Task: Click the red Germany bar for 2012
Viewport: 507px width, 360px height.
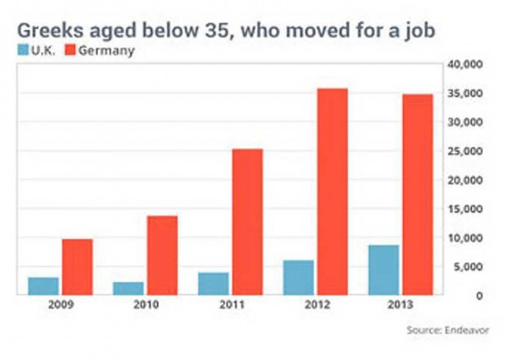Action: [332, 191]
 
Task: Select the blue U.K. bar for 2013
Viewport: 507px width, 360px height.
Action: [384, 270]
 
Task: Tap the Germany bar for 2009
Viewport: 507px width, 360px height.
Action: [78, 268]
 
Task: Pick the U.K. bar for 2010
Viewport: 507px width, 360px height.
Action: [128, 289]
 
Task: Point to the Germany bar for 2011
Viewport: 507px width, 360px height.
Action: [248, 222]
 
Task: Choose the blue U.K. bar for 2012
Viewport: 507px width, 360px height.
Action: [298, 277]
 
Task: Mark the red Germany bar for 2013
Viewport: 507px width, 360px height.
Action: [418, 195]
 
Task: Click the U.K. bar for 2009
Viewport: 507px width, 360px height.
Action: [43, 286]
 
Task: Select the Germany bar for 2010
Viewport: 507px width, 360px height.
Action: [162, 255]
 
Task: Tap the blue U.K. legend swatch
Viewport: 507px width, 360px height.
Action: [23, 50]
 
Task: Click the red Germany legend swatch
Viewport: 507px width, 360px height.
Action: [70, 50]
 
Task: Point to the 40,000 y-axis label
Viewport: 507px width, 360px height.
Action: [465, 65]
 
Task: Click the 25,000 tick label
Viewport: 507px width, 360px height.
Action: [465, 151]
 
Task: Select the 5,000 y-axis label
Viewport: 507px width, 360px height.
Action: [468, 267]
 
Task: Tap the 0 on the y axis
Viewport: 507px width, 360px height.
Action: [479, 295]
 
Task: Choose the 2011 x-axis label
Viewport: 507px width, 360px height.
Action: [231, 304]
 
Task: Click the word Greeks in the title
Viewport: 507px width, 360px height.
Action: [51, 30]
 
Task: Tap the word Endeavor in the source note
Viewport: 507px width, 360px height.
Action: [467, 331]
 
